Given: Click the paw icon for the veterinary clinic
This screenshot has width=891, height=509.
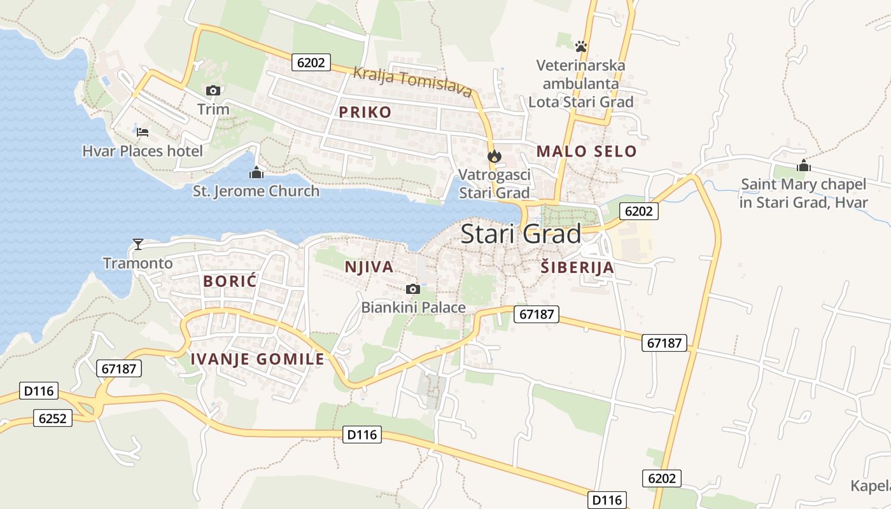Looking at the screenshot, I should pos(580,46).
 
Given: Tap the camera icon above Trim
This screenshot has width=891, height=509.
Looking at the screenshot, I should pos(213,90).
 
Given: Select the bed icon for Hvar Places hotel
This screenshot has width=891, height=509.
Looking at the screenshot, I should pos(143,132).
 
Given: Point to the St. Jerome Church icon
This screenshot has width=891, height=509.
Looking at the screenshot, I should pos(256,172).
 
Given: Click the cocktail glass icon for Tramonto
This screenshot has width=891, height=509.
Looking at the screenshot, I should pos(137,244).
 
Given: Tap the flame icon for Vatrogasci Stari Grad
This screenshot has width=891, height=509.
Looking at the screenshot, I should pos(494,156).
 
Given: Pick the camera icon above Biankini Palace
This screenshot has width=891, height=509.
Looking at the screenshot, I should pos(413,289).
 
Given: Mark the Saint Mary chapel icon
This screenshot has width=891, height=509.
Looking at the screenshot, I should pos(804,166).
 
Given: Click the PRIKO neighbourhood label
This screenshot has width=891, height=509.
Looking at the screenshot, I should pos(365,113).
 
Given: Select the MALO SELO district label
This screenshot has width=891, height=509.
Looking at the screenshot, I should pos(586,151).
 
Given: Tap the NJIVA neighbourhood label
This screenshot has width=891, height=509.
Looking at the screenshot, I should pos(369,267).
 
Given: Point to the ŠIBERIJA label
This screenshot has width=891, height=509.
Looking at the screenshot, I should pos(577,267).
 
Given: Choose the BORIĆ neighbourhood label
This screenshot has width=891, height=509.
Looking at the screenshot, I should pos(230,281).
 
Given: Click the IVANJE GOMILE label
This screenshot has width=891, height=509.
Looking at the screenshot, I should pos(258,359).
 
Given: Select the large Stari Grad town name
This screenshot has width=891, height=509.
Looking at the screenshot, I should pos(521,234).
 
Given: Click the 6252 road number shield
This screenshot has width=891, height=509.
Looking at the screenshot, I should pos(53,418).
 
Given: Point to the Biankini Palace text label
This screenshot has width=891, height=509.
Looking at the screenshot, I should pos(414,307).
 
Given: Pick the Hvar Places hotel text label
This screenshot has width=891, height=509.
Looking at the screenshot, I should pos(143,151).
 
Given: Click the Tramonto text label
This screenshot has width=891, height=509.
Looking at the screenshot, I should pos(137,263).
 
